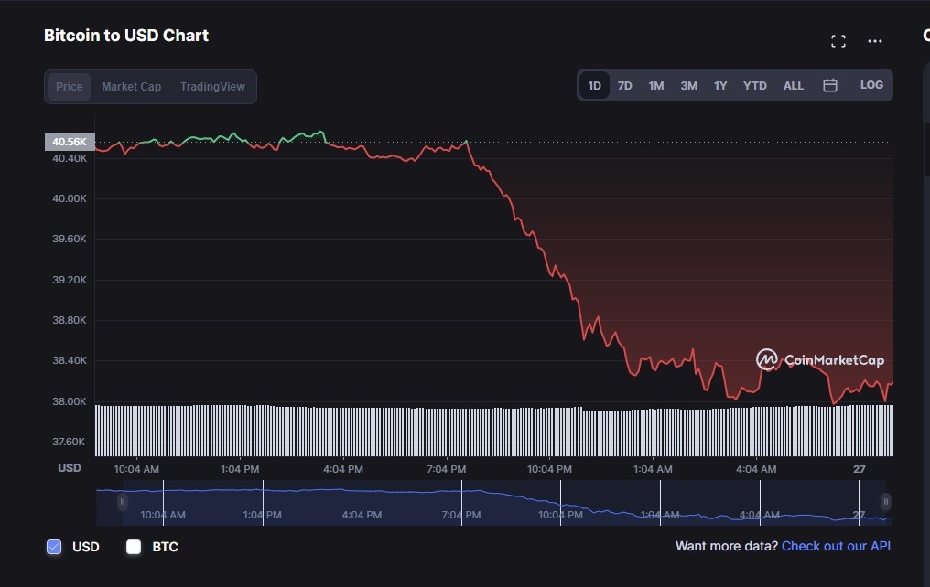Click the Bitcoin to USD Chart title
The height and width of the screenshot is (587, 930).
click(x=126, y=36)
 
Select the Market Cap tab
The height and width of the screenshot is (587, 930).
click(x=131, y=87)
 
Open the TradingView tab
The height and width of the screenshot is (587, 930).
click(x=212, y=87)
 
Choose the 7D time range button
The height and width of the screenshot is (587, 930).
click(x=624, y=86)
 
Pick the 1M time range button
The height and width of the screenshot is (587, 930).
click(x=656, y=86)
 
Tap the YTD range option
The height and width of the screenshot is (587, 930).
click(x=755, y=86)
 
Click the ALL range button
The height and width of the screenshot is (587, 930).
click(x=794, y=86)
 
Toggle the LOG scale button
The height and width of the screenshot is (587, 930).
click(x=871, y=85)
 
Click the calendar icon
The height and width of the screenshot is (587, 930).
click(x=830, y=85)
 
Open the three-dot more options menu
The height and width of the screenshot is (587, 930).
click(x=875, y=41)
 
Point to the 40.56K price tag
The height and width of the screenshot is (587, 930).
click(x=70, y=142)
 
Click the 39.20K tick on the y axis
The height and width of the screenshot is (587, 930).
click(x=70, y=280)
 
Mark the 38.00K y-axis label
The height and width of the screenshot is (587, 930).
click(x=70, y=401)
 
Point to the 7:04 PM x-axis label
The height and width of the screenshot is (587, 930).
click(x=447, y=469)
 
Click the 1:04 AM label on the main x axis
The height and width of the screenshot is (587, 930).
click(x=653, y=469)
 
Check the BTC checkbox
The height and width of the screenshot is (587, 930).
click(x=134, y=547)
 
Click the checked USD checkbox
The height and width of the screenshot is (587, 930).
click(x=54, y=547)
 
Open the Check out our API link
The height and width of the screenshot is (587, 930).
click(x=836, y=546)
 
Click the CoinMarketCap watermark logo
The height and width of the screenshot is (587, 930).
click(x=820, y=360)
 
